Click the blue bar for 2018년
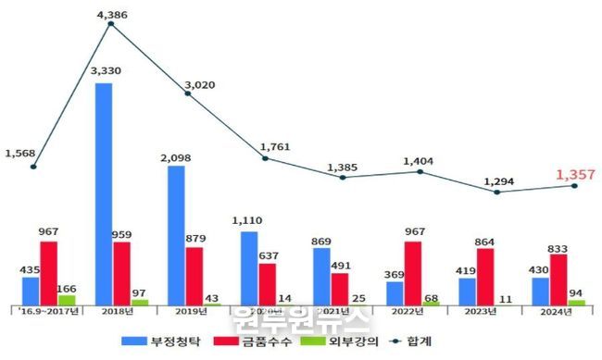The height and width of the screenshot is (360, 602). coord(104,193)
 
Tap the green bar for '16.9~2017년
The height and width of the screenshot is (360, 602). coord(67,300)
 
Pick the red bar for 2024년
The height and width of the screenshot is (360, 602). coord(558,279)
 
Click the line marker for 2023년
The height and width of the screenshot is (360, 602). coord(497,192)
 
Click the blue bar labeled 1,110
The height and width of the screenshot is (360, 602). coord(248,267)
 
